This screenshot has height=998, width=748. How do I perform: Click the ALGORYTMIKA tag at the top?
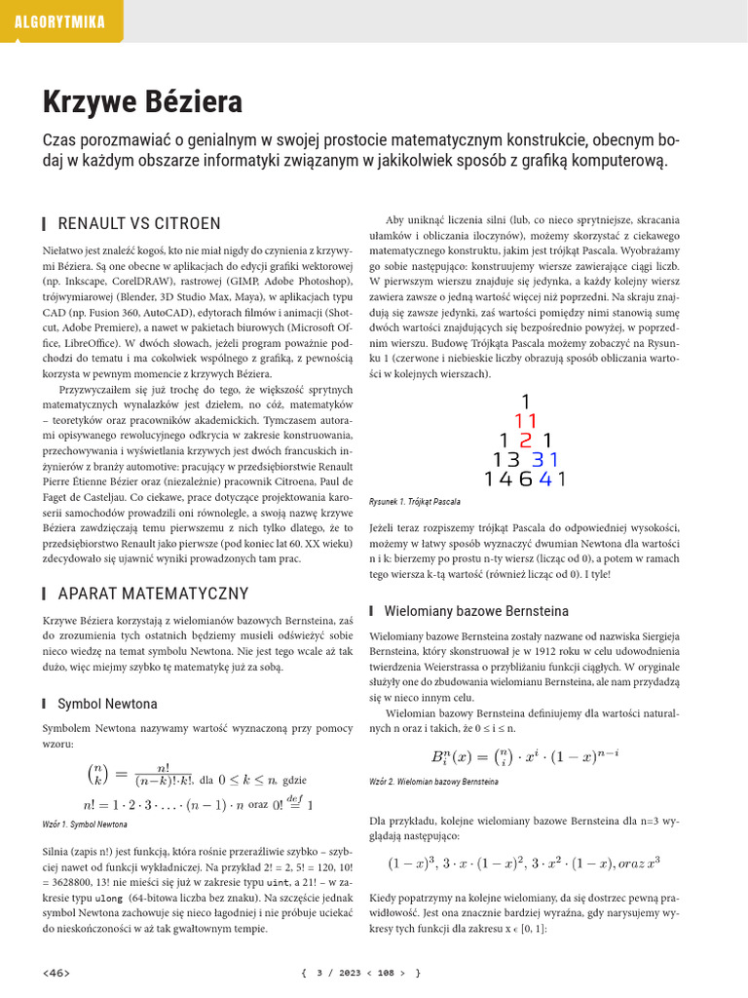60,21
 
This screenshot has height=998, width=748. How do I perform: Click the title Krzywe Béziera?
142,101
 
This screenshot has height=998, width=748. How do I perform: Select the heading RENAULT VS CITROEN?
139,224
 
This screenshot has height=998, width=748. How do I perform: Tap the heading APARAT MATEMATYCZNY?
153,594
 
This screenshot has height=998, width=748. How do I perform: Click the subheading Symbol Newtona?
107,703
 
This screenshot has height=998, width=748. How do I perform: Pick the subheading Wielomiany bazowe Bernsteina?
476,611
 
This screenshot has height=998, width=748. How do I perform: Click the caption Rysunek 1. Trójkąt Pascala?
415,501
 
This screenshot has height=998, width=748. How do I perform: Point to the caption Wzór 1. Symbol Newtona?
86,825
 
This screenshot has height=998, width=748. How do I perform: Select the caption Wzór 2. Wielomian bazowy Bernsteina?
434,782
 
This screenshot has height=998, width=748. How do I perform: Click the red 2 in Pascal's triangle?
525,441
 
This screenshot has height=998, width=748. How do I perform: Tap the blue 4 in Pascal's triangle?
544,479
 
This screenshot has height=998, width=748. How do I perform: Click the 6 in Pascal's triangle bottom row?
526,479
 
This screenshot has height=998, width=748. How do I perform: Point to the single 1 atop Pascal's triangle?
526,402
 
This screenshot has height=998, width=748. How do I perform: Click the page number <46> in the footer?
56,973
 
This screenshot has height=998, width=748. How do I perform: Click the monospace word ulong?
108,897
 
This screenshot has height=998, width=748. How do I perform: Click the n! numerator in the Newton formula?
155,767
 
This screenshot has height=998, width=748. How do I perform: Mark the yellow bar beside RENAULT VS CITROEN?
46,224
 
